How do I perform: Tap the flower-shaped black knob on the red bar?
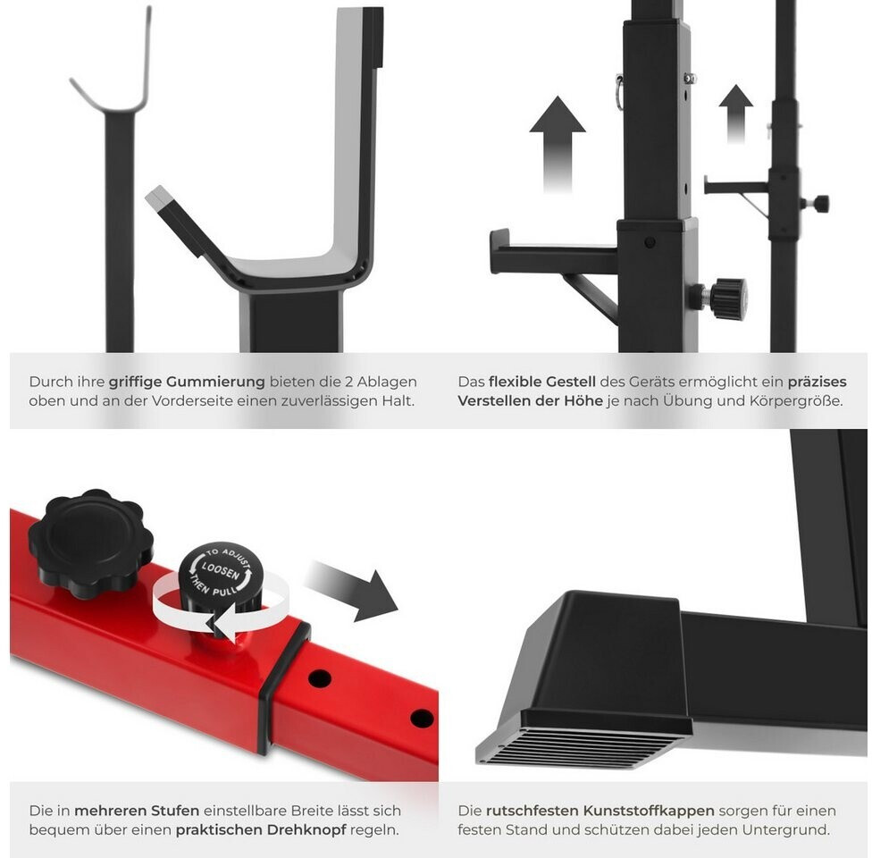[90, 543]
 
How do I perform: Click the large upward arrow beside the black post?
[558, 144]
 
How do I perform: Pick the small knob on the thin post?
[817, 204]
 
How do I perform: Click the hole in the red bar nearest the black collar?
[319, 678]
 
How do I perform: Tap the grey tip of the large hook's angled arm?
[159, 198]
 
